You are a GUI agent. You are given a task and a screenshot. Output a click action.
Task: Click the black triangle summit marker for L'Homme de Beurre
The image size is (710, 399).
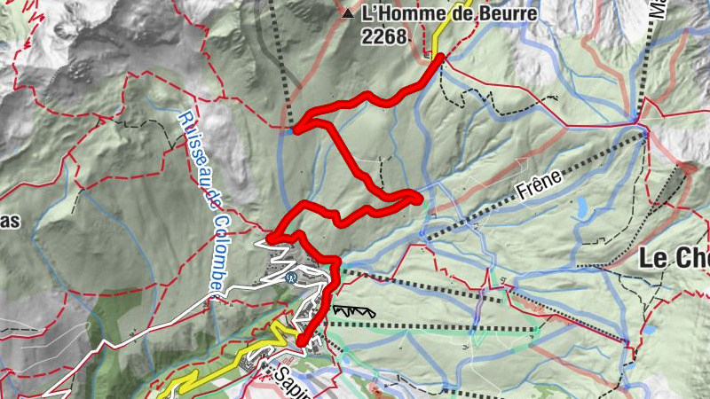click(x=347, y=15)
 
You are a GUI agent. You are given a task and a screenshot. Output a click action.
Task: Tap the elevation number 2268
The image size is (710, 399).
click(x=384, y=36)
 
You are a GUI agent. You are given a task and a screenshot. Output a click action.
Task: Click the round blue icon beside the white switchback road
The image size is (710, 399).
click(x=291, y=277)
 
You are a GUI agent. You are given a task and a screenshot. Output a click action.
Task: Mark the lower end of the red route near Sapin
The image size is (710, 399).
click(x=301, y=341)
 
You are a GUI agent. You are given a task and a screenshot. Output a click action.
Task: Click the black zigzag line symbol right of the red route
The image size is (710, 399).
click(x=353, y=311)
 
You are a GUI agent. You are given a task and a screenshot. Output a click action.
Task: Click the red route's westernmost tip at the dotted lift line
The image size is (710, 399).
click(x=296, y=129)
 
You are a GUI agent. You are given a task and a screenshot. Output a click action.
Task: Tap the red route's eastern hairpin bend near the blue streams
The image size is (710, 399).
click(x=418, y=197)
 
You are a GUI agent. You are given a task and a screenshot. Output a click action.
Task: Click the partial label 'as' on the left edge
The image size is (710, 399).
click(x=10, y=221)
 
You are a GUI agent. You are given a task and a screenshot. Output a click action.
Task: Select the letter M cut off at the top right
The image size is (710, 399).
click(x=658, y=12)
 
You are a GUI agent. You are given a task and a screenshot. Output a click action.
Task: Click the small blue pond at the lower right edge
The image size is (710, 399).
click(x=651, y=329)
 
